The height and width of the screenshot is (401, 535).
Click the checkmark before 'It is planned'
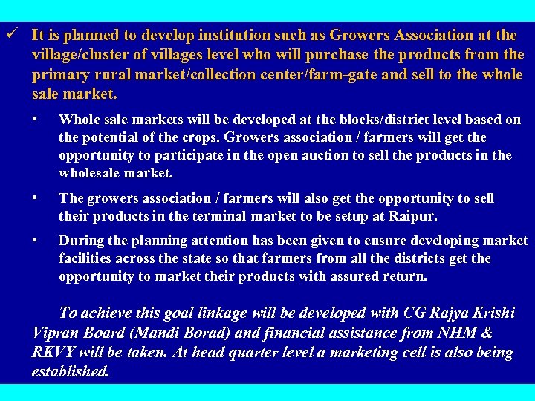(8, 34)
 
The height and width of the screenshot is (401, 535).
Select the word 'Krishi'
(490, 313)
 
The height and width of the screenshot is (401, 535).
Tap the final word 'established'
(70, 371)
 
